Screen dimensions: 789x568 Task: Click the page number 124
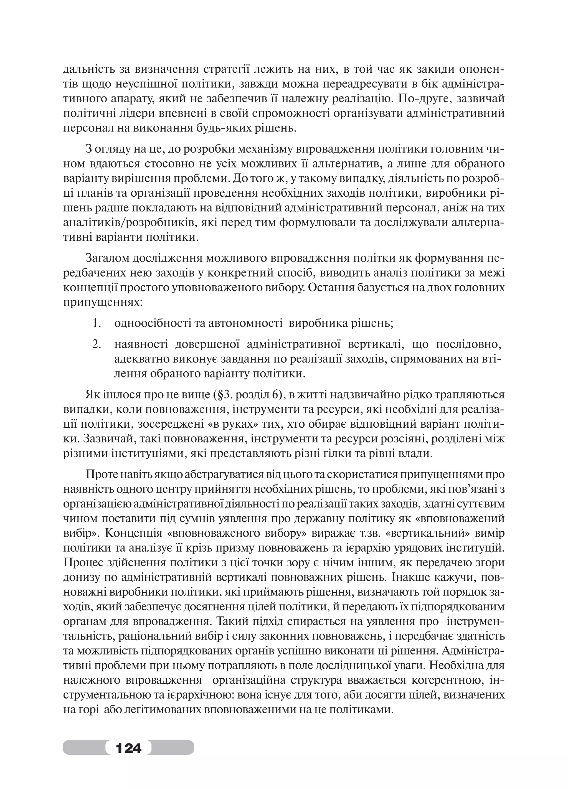pos(128,747)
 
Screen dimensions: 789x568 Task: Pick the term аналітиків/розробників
pos(130,223)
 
